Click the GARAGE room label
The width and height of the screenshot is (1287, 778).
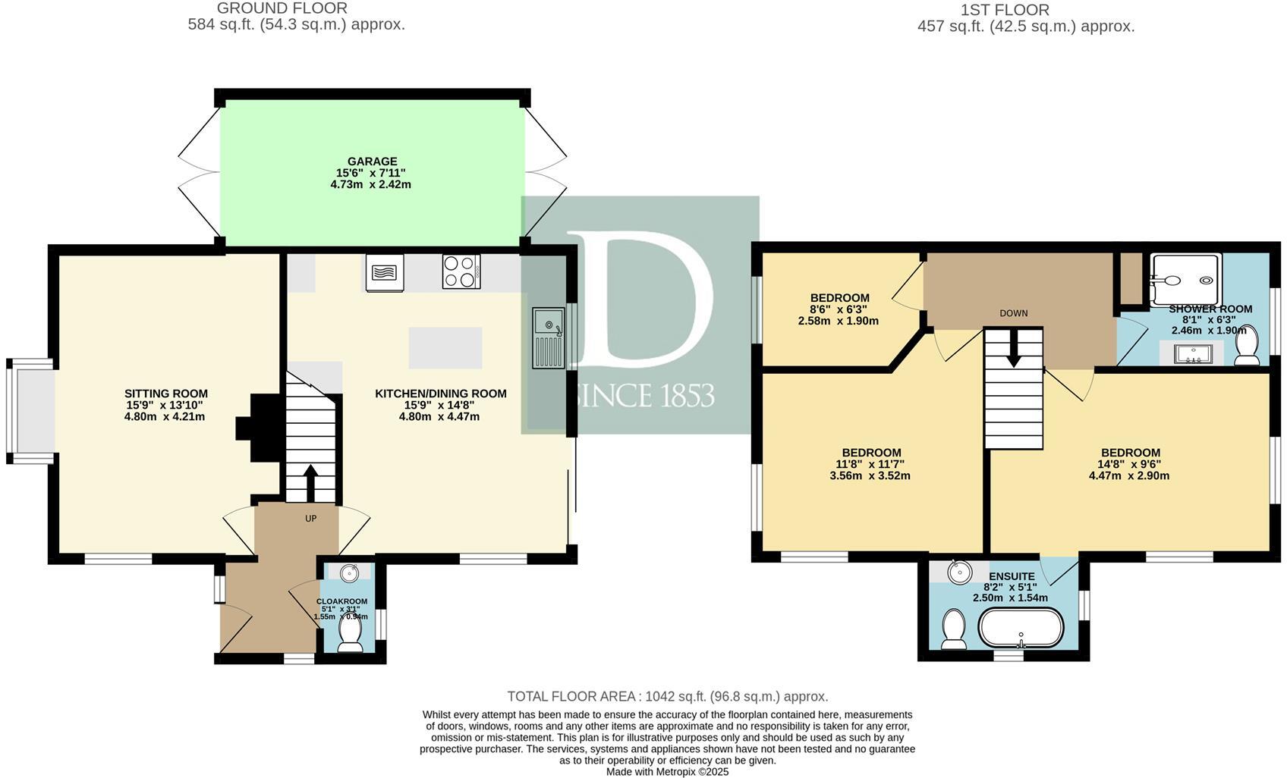tap(372, 162)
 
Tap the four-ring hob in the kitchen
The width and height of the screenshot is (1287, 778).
tap(461, 271)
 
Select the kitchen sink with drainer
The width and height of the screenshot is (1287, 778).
tap(548, 337)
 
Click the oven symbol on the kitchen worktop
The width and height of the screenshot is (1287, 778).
tap(385, 272)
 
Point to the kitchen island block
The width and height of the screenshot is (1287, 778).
tap(445, 347)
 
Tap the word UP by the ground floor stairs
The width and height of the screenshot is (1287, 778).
tap(310, 519)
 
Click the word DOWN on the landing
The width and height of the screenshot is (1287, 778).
tap(1013, 313)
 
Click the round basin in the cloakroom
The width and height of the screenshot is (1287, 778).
tap(350, 573)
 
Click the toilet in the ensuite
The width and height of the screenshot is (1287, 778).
tap(953, 631)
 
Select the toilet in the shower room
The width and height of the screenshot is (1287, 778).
tap(1248, 347)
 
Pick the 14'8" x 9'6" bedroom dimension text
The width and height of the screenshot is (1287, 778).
tap(1129, 464)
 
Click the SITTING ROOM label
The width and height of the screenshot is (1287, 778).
tap(166, 394)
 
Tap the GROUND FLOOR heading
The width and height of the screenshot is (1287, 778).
tap(282, 8)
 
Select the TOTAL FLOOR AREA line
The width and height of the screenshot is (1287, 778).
tap(667, 696)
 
